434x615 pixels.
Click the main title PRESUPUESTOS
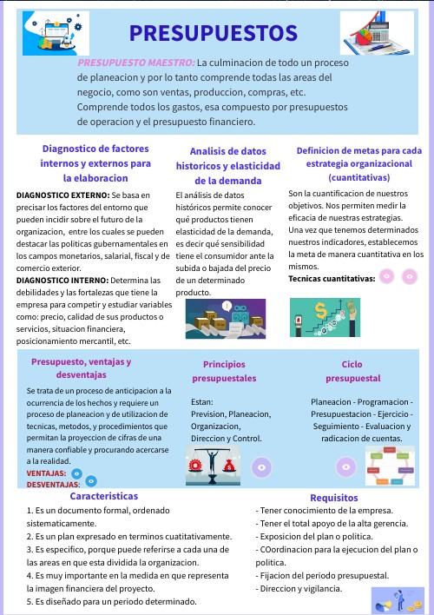(213, 34)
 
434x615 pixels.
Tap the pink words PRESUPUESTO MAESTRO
(135, 63)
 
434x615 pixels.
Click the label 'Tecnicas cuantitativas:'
(332, 279)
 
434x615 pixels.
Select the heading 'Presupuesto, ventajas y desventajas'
(81, 368)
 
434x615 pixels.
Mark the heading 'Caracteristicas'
(104, 496)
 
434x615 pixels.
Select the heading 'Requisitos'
(334, 498)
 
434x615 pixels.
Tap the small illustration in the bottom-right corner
(397, 599)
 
